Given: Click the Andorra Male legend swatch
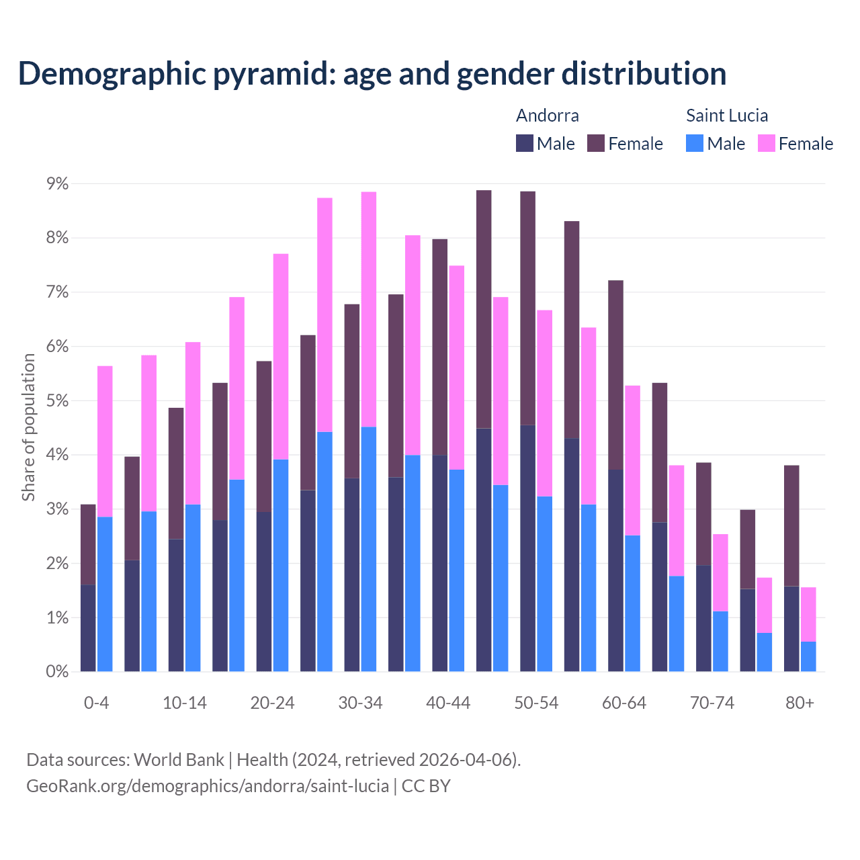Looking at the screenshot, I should click(525, 144).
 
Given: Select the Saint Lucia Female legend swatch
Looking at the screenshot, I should click(767, 144).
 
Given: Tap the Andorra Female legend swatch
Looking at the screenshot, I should click(596, 144).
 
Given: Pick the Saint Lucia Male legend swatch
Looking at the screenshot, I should click(695, 144).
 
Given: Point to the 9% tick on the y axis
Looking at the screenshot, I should click(57, 183).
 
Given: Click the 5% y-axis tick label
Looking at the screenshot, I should click(57, 400).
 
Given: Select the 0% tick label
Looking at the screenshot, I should click(57, 671).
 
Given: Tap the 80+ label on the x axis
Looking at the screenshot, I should click(800, 703).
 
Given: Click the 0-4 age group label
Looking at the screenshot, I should click(96, 703).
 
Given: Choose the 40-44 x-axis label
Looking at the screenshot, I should click(448, 703).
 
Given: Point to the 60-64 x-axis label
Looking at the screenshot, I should click(624, 703).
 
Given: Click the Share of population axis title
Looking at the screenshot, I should click(29, 427).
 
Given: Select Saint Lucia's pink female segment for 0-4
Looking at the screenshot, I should click(105, 441).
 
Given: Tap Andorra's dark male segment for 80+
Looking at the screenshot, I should click(791, 629).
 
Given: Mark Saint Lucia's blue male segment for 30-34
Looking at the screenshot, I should click(369, 549).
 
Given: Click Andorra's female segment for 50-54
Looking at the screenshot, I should click(528, 308).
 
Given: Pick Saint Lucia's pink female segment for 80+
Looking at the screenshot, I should click(808, 614).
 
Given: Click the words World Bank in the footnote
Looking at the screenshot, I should click(179, 760).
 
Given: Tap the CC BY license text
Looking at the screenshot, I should click(426, 786).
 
